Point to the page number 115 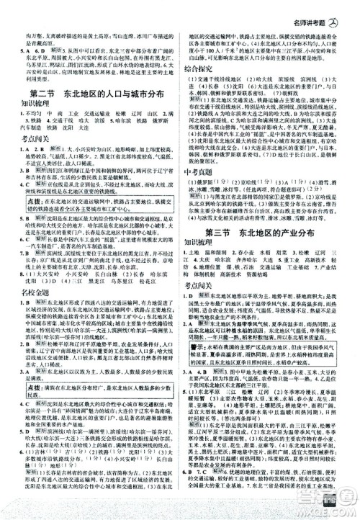pyautogui.click(x=336, y=506)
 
